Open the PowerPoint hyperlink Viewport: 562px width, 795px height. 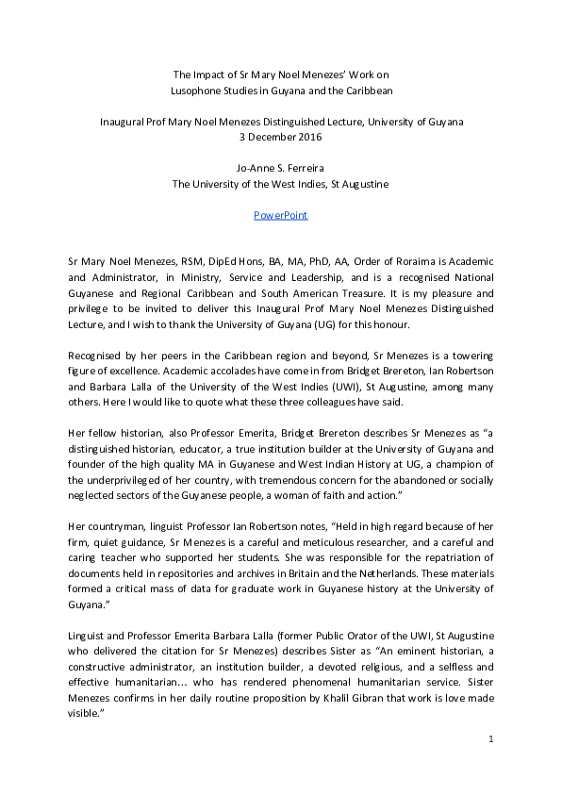(x=280, y=215)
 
